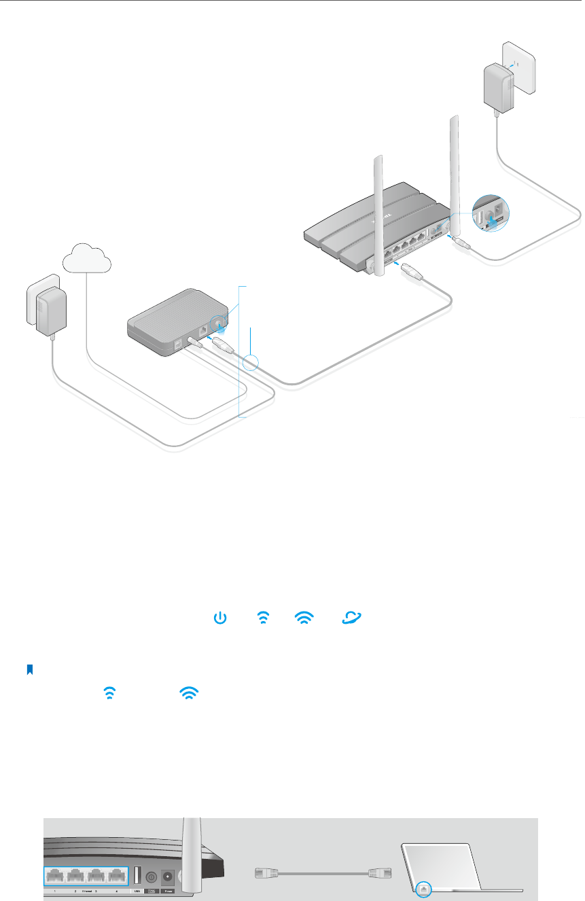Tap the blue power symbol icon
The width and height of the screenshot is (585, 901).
(219, 618)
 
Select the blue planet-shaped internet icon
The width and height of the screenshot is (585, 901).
(353, 618)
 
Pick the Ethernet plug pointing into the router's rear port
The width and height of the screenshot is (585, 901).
(412, 270)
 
